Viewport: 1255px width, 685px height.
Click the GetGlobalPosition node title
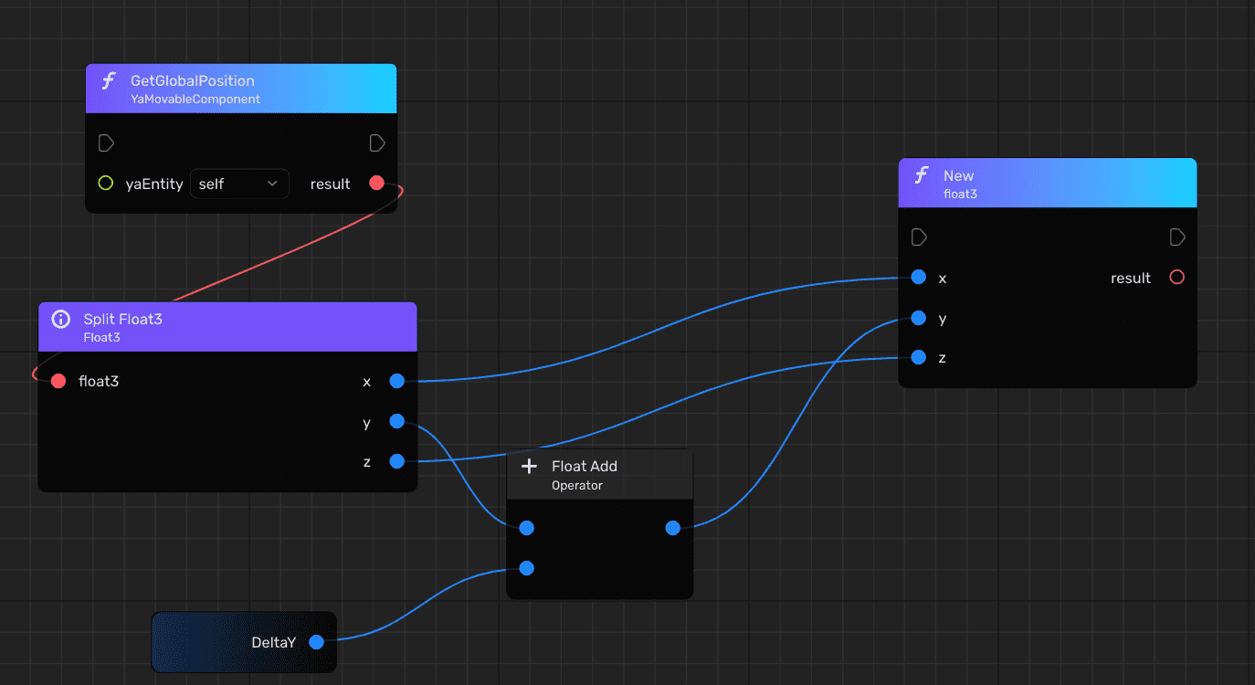[192, 81]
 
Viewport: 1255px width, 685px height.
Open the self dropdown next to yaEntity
[239, 184]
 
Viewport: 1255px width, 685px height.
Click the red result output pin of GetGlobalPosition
[376, 184]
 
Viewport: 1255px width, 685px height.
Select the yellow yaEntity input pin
[105, 184]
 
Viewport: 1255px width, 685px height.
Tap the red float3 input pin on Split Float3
[58, 381]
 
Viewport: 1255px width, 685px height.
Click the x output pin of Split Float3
[396, 381]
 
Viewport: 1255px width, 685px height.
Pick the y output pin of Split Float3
[396, 421]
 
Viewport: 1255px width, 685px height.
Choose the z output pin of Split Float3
[396, 461]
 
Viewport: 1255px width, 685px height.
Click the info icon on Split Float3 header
[61, 319]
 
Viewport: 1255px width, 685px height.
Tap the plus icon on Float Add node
[529, 467]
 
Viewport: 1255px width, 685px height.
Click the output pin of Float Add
[673, 528]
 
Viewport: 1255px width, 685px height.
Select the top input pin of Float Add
[527, 528]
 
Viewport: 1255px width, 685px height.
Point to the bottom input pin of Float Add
[527, 568]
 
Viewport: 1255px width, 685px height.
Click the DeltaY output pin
[316, 642]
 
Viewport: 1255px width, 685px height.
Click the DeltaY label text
[273, 643]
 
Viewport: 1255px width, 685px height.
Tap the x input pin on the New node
[919, 278]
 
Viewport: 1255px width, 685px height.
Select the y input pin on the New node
[919, 318]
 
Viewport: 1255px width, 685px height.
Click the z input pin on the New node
[919, 357]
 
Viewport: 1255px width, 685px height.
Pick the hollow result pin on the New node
[1176, 278]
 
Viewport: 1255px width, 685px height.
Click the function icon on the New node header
[922, 175]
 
